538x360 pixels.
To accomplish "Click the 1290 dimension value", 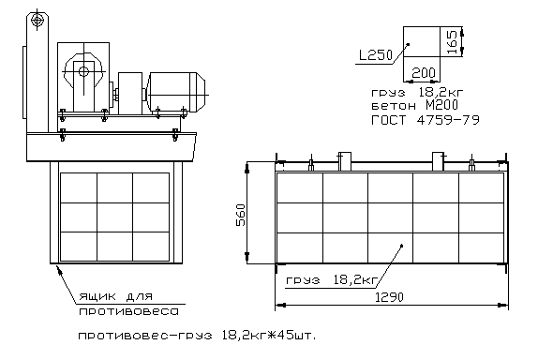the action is coord(389,297).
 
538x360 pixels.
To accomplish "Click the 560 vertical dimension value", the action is coord(241,216).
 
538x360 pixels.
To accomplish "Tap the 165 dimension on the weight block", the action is coord(452,42).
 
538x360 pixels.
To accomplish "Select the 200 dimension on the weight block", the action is coord(423,73).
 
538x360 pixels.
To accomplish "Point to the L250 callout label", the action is coord(375,55).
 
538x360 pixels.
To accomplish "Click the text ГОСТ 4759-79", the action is coord(426,120).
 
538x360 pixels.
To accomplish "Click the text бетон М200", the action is coord(414,105).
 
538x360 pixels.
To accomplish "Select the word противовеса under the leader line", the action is coord(128,311).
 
